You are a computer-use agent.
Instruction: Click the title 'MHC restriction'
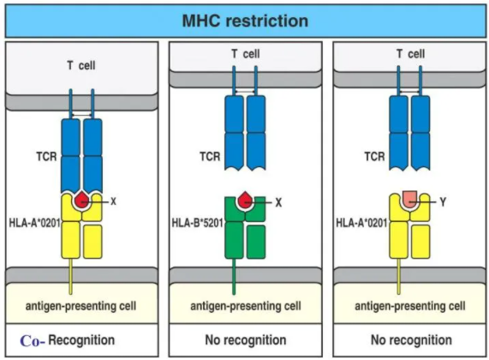point(245,21)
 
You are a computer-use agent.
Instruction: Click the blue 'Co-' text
point(33,341)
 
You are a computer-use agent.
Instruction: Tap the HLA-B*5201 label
point(198,223)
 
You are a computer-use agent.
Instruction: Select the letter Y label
point(443,202)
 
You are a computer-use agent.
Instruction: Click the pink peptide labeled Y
point(409,199)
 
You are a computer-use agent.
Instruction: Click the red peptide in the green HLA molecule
point(245,200)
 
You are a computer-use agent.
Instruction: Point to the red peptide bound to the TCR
point(82,200)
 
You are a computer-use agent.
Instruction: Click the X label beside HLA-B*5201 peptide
point(278,203)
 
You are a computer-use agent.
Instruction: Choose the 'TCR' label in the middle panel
point(210,156)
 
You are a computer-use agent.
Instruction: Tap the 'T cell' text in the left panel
point(81,65)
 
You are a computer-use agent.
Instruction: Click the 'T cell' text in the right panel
point(410,54)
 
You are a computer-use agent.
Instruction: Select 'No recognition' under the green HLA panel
point(246,340)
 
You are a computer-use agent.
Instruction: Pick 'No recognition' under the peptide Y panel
point(411,340)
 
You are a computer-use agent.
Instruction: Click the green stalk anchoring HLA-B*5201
point(234,277)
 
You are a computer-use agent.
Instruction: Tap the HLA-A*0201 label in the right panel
point(361,223)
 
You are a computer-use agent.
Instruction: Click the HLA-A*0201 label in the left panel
point(34,223)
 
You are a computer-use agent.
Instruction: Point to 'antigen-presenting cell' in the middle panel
point(246,306)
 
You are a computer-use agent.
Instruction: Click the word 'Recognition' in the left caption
point(81,340)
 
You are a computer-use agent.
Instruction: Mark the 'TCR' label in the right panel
point(374,156)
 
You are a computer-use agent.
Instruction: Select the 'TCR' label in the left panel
point(46,156)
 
